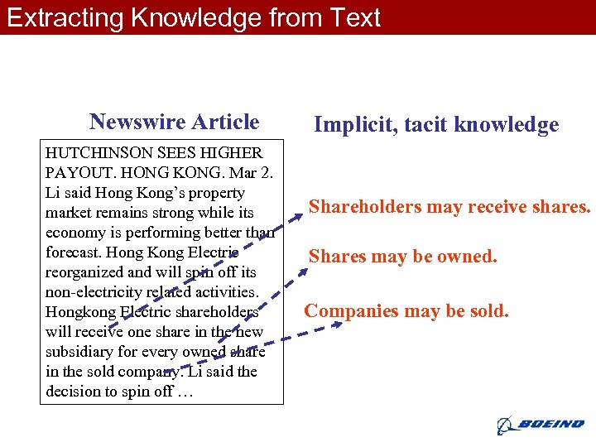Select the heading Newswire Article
[x=175, y=123]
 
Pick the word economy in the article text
[x=77, y=233]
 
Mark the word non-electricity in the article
[x=95, y=292]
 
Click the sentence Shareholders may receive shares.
[x=449, y=207]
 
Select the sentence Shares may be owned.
[x=403, y=257]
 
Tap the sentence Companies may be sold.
[x=406, y=311]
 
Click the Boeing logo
[x=541, y=425]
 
